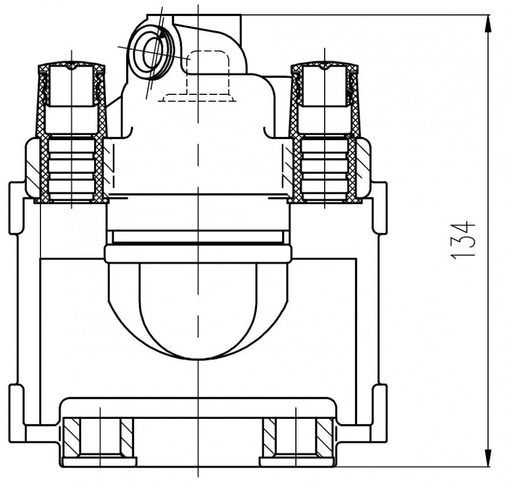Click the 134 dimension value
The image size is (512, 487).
463,241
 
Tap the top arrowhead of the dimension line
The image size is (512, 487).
488,24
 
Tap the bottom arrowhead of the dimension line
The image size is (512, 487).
488,458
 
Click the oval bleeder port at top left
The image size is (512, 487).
152,52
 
